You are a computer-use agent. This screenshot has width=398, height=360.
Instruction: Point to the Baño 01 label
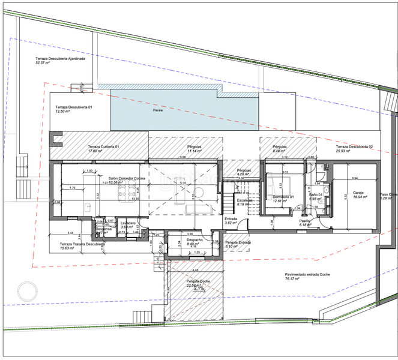coord(316,194)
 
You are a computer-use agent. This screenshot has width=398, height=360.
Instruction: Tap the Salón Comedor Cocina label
coord(127,179)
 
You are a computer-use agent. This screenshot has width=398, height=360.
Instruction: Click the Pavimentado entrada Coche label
coord(307,275)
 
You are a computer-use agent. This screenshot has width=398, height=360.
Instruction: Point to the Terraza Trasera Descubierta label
coord(82,244)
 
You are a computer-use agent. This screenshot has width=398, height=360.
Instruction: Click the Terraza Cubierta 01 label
coord(104,147)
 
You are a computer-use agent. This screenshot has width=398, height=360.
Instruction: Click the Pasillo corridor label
coord(305,221)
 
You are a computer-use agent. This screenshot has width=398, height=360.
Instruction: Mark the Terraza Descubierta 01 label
coord(74,107)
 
